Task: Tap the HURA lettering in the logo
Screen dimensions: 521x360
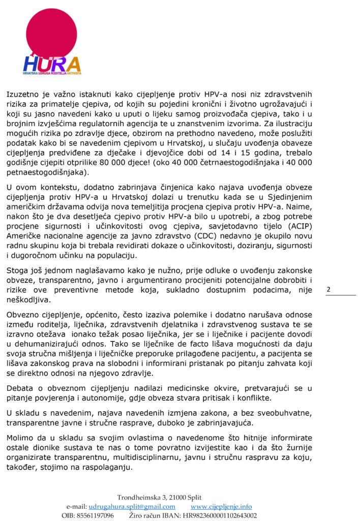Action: pos(51,65)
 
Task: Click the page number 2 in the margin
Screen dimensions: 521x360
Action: pos(328,290)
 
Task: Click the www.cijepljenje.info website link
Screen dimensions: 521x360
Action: pos(221,507)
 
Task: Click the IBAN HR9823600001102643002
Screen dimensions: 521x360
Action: pos(223,515)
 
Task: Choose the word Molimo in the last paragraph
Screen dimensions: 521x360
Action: pos(20,438)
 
